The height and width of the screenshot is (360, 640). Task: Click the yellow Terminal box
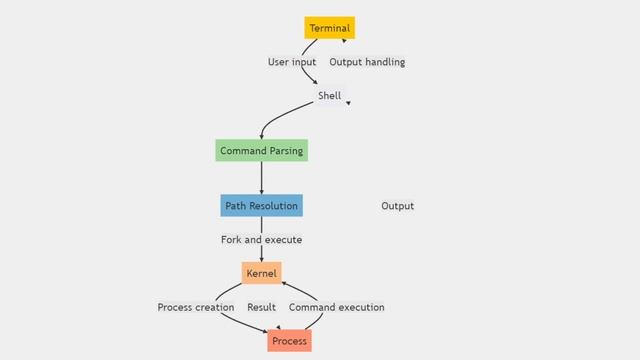coord(329,28)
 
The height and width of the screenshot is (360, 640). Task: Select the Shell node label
coord(329,96)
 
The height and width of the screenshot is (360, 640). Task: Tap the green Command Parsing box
coord(261,151)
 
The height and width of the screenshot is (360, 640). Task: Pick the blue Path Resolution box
coord(261,206)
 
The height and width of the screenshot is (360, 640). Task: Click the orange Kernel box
coord(261,273)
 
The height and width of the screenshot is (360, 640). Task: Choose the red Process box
coord(289,341)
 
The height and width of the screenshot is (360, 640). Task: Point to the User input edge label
coord(292,62)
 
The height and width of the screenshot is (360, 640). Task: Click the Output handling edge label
coord(367,62)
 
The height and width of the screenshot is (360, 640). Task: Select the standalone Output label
coord(397,206)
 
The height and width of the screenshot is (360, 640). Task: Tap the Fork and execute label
coord(261,240)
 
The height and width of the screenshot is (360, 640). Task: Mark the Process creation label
coord(196,307)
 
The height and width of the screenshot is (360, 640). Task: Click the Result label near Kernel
coord(261,307)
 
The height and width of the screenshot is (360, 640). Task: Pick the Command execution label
coord(336,307)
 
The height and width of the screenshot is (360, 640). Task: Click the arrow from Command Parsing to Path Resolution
coord(261,178)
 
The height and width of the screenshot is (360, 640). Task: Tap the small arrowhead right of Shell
coord(348,102)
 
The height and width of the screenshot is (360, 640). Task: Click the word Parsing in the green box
coord(283,151)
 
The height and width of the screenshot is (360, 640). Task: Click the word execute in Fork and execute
coord(282,240)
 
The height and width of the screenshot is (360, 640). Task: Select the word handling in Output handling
coord(384,62)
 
